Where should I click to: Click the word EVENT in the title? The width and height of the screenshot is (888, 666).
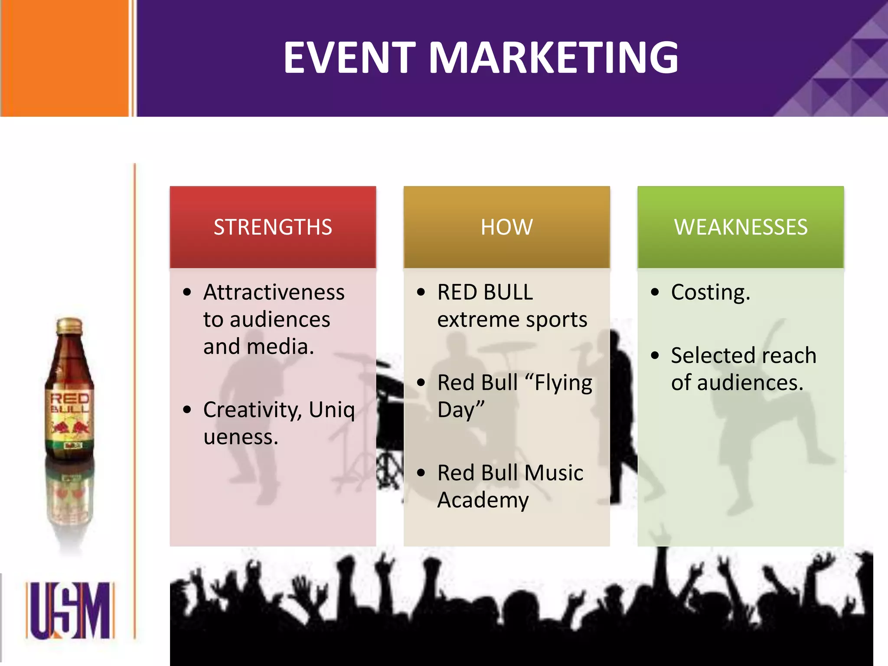[x=349, y=58]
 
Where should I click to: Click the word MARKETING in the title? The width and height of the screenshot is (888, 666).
[x=553, y=58]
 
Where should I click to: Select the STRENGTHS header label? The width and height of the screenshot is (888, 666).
[x=273, y=227]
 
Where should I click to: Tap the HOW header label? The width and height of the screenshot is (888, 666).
[x=506, y=227]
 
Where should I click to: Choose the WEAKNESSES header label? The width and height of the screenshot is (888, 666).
[x=741, y=227]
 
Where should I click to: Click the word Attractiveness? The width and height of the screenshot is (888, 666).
[x=274, y=292]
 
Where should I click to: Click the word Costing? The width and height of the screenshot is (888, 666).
[x=710, y=293]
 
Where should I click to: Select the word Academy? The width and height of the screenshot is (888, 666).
[x=483, y=500]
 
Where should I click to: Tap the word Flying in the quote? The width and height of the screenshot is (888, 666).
[x=563, y=383]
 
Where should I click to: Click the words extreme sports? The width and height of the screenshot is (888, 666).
[x=512, y=320]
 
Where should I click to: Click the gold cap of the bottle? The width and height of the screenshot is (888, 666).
[x=69, y=326]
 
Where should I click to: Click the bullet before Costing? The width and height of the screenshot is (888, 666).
[x=655, y=292]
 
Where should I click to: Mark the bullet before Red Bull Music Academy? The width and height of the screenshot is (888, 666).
[x=421, y=473]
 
